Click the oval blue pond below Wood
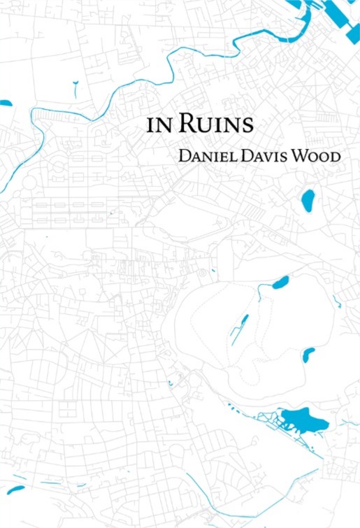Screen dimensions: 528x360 click(x=308, y=200)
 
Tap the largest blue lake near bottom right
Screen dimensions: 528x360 click(x=303, y=420)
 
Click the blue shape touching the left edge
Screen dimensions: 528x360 click(x=5, y=103)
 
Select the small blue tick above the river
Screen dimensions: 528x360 click(x=75, y=87)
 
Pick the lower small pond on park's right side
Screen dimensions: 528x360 click(x=308, y=355)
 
